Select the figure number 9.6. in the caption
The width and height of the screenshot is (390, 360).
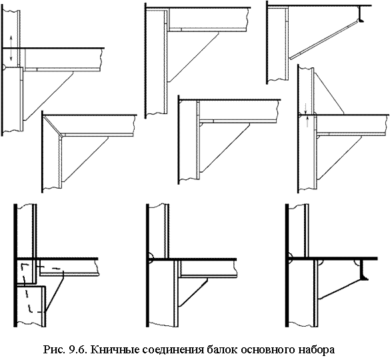click(x=76, y=349)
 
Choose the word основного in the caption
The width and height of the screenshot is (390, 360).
click(x=266, y=350)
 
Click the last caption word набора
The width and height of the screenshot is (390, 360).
click(x=317, y=349)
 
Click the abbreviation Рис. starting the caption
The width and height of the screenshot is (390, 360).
click(x=54, y=349)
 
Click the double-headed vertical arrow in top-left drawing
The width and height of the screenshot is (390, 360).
click(x=11, y=48)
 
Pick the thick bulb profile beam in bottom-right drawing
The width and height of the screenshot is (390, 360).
click(x=363, y=270)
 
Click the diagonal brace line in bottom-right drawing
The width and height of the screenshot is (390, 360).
click(x=340, y=289)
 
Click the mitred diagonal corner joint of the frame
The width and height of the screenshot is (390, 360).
click(x=53, y=125)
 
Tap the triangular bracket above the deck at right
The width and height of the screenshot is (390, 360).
click(x=329, y=94)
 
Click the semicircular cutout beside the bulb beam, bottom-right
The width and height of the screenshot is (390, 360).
click(x=357, y=263)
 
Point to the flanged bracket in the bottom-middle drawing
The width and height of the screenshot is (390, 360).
click(x=193, y=292)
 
